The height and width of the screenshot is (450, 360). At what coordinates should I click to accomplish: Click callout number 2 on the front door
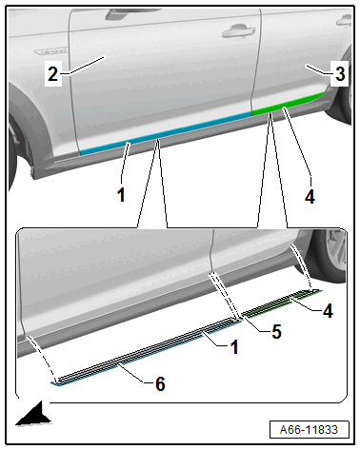(x=52, y=74)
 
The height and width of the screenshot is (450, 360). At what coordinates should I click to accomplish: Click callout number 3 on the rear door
(x=340, y=73)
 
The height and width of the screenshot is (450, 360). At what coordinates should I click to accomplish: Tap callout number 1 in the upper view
(x=121, y=194)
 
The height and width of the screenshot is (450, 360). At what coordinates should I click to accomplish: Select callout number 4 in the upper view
(x=310, y=197)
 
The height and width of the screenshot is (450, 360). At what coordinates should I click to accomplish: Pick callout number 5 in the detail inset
(x=276, y=331)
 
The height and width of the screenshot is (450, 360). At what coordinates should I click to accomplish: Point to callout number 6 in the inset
(x=160, y=383)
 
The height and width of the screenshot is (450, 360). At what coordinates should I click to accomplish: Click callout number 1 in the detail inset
(x=234, y=347)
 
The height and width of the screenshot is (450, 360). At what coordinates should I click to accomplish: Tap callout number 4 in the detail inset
(x=328, y=310)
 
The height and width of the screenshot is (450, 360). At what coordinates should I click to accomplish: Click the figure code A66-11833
(x=309, y=430)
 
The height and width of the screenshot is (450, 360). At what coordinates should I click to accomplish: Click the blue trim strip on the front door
(x=165, y=132)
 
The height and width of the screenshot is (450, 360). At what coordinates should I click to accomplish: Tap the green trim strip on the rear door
(x=288, y=103)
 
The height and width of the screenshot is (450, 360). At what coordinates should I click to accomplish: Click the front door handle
(x=239, y=31)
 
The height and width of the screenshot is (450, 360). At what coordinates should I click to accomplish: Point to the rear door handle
(x=344, y=21)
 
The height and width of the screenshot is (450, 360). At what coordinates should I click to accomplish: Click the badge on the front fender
(x=50, y=51)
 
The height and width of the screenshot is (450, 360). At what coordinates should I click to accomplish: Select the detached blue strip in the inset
(x=147, y=353)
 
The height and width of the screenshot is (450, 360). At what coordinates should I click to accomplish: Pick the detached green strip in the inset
(x=282, y=303)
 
